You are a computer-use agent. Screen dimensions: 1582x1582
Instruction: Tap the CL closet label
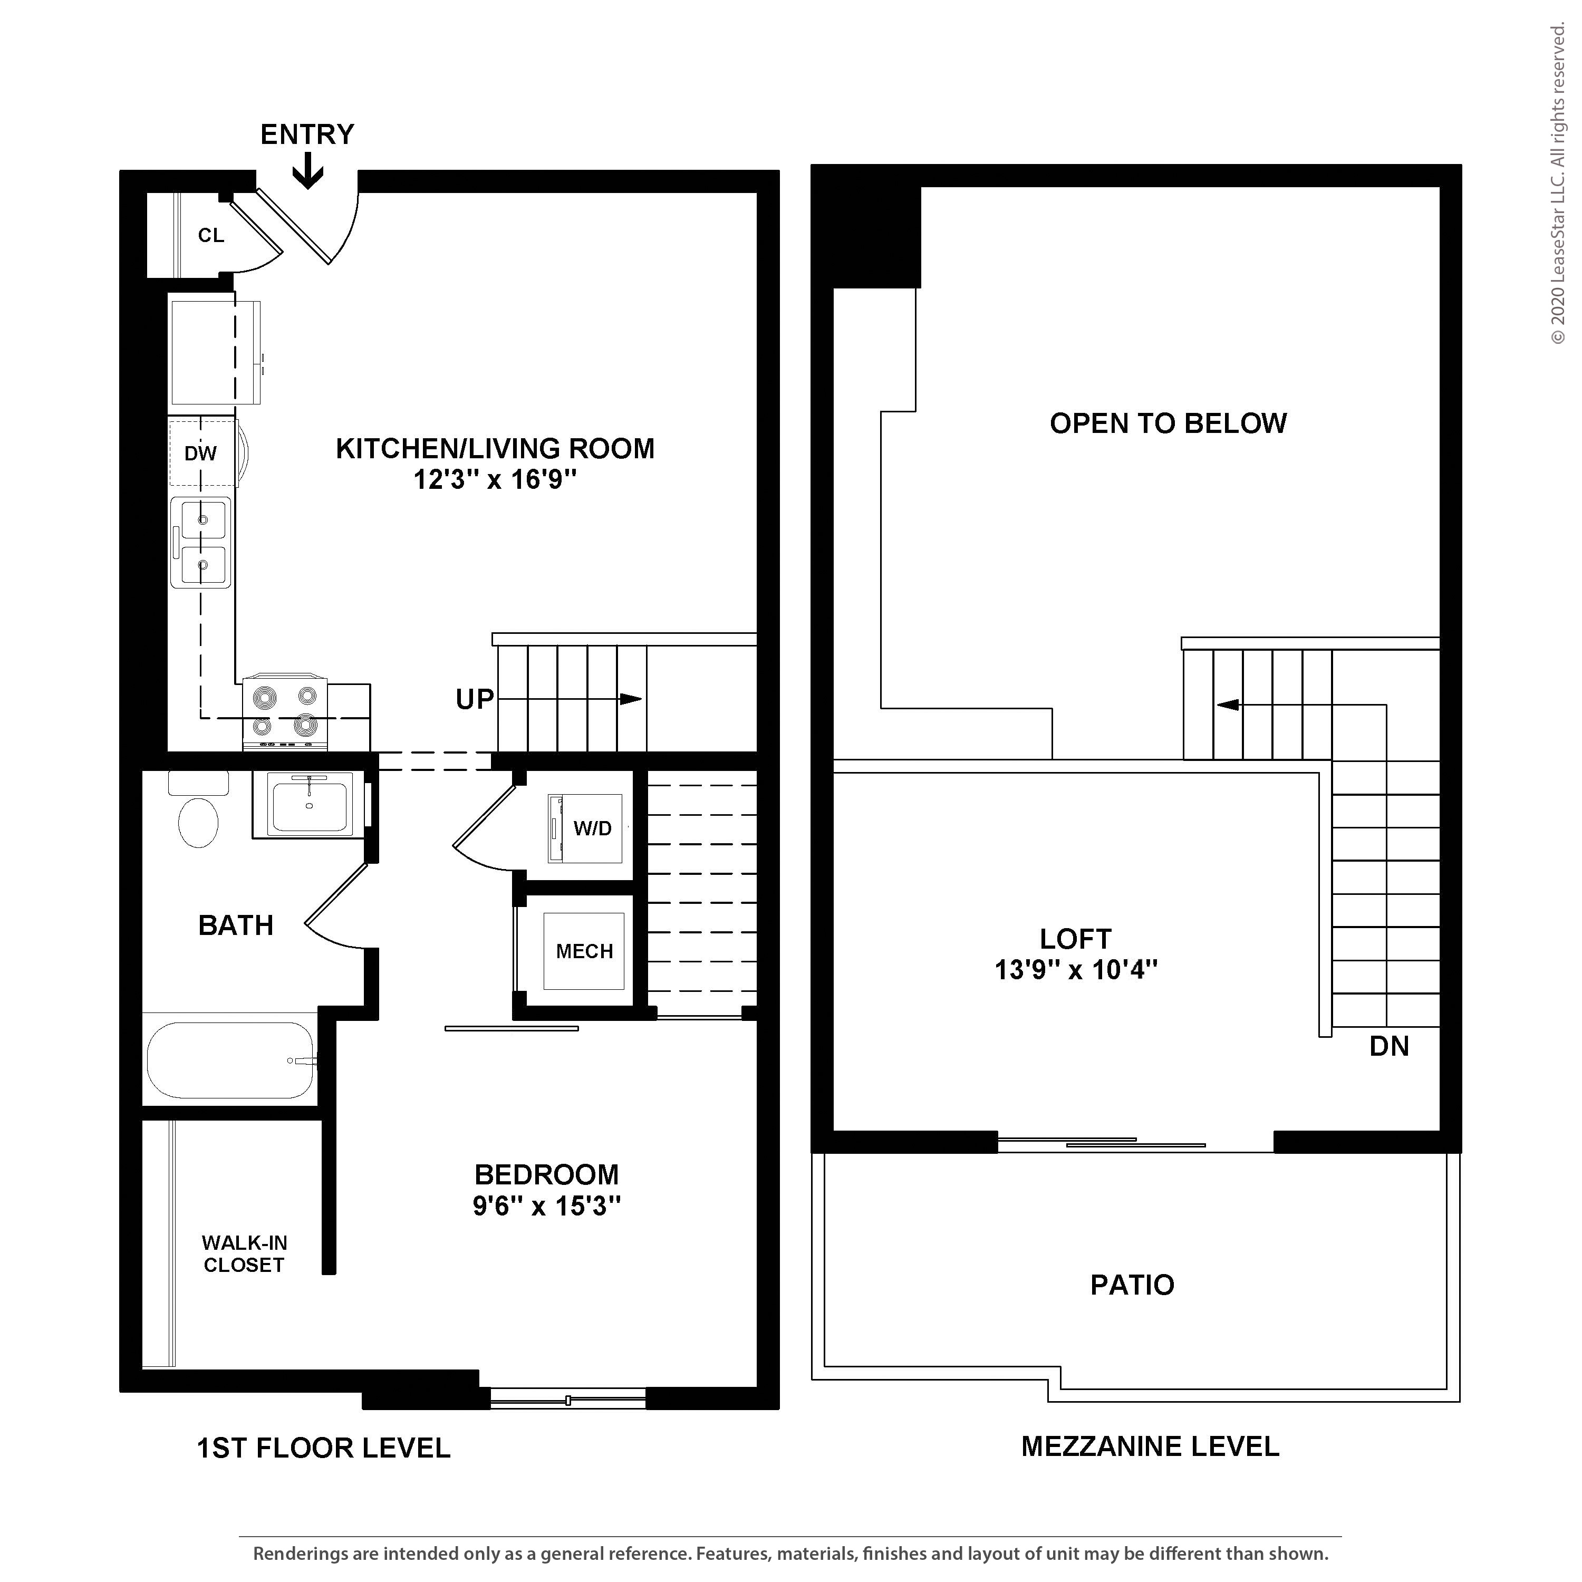211,236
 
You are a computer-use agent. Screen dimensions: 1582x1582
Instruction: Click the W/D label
593,828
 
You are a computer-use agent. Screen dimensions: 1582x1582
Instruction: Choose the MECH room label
585,951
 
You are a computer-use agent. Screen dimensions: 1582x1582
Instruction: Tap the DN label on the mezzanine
1389,1046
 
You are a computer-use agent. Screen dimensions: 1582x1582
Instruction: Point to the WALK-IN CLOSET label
244,1253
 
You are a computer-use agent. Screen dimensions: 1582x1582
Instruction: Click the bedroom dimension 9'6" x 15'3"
547,1206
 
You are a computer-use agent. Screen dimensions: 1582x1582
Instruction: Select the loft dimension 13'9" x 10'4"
1076,970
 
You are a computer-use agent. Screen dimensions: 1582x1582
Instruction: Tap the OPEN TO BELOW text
1169,423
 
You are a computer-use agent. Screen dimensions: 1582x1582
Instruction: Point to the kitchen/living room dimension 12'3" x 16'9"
495,479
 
